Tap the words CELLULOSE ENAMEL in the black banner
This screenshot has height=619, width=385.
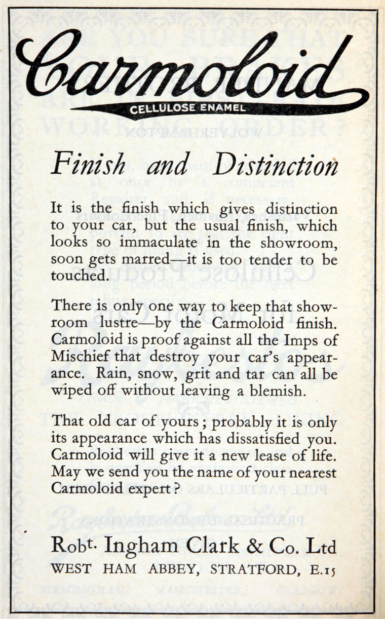pos(188,107)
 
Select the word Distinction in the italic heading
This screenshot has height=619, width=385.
pos(276,166)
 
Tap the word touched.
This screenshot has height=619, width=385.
pos(72,276)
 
